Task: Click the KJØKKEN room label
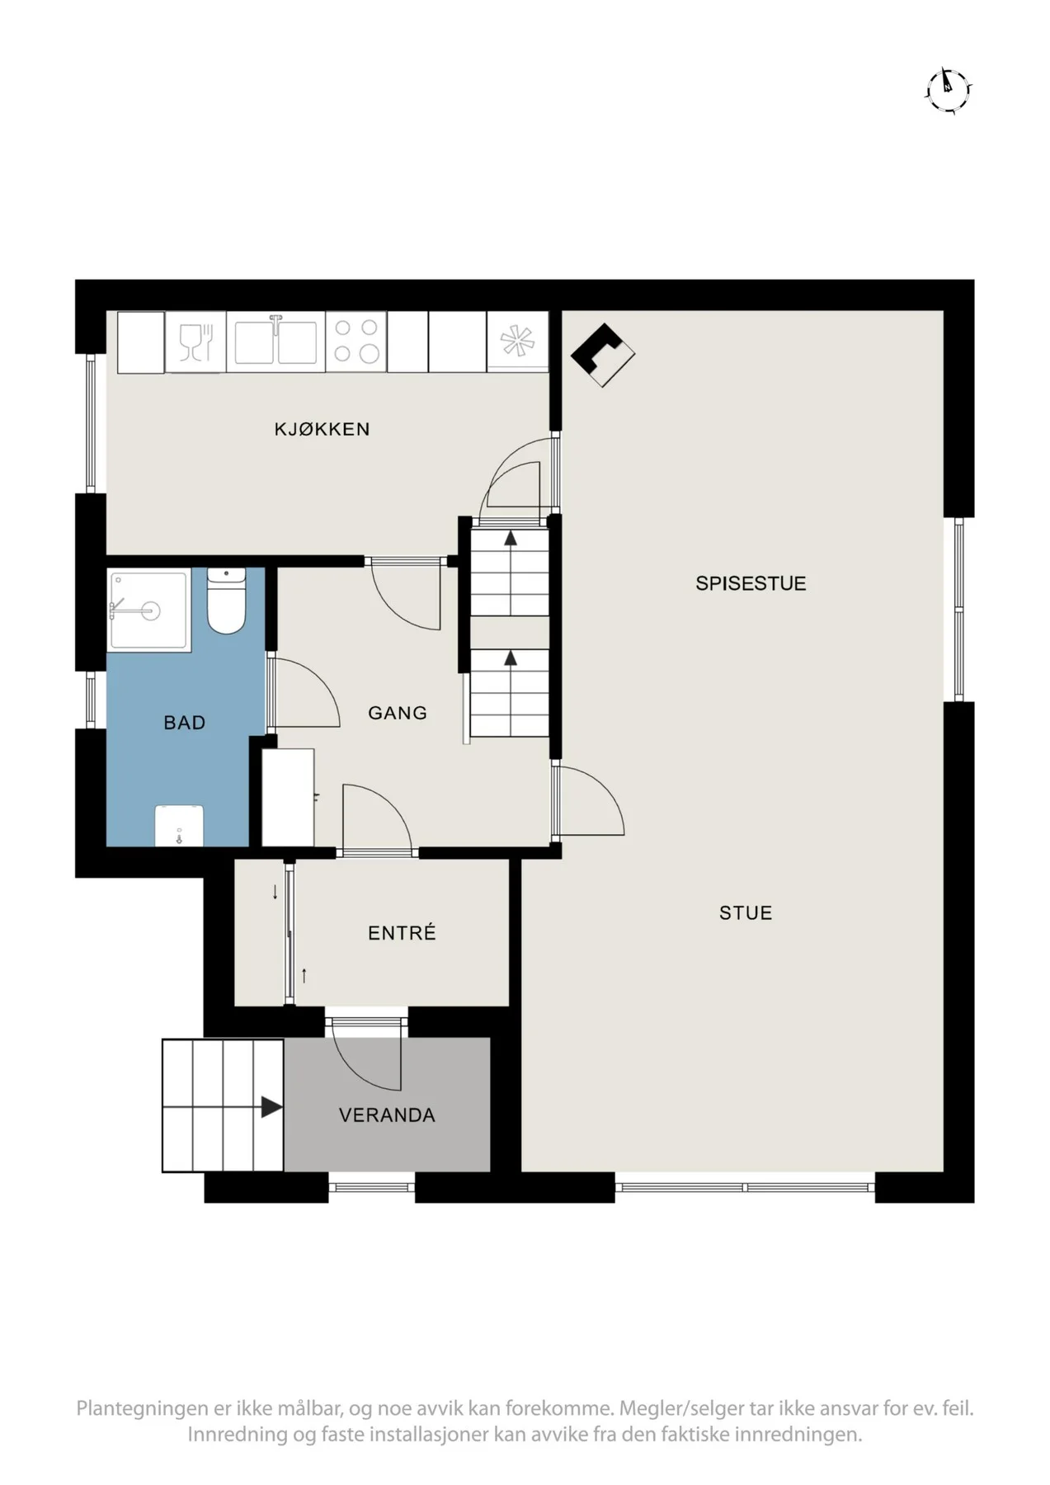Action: (x=322, y=429)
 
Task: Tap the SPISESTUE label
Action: (x=751, y=583)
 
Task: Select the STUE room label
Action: (x=746, y=912)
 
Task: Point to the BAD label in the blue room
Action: (x=184, y=723)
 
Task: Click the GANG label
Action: (x=398, y=713)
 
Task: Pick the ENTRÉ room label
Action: (x=402, y=932)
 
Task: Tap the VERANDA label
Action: (x=387, y=1115)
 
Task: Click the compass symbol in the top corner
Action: (x=948, y=88)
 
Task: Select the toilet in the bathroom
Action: (x=226, y=601)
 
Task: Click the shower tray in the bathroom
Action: (x=148, y=610)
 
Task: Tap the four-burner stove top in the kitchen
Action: (x=356, y=342)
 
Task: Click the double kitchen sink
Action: (x=275, y=342)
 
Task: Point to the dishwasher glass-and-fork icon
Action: (x=195, y=342)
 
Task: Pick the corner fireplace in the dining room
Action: (x=603, y=355)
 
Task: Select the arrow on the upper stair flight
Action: (x=511, y=539)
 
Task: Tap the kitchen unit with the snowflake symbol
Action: (x=517, y=342)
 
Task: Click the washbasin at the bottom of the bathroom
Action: (x=179, y=825)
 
